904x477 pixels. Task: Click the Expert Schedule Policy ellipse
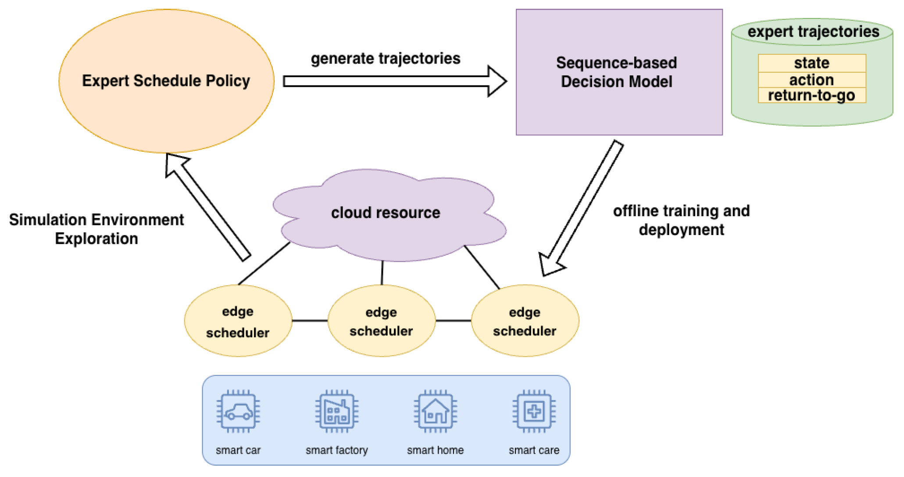[167, 81]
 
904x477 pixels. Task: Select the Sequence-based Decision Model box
[619, 72]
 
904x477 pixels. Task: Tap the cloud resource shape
[389, 215]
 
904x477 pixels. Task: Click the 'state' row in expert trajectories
[812, 63]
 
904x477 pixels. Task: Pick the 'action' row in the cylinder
[812, 80]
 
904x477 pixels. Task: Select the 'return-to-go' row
[812, 95]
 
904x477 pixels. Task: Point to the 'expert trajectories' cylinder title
[813, 32]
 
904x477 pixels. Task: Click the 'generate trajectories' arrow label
[386, 58]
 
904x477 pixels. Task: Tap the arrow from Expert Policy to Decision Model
[395, 81]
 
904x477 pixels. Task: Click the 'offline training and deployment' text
[681, 220]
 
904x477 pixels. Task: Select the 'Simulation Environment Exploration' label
[96, 229]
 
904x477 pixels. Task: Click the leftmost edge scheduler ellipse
[238, 320]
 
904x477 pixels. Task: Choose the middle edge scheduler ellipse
[382, 320]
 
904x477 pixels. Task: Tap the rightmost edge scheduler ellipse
[525, 320]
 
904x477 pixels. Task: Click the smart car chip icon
[238, 412]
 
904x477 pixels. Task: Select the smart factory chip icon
[337, 412]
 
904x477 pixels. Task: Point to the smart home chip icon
[436, 412]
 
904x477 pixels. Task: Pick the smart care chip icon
[534, 412]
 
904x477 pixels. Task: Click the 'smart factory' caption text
[337, 450]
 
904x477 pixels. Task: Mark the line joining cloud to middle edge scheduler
[382, 273]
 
